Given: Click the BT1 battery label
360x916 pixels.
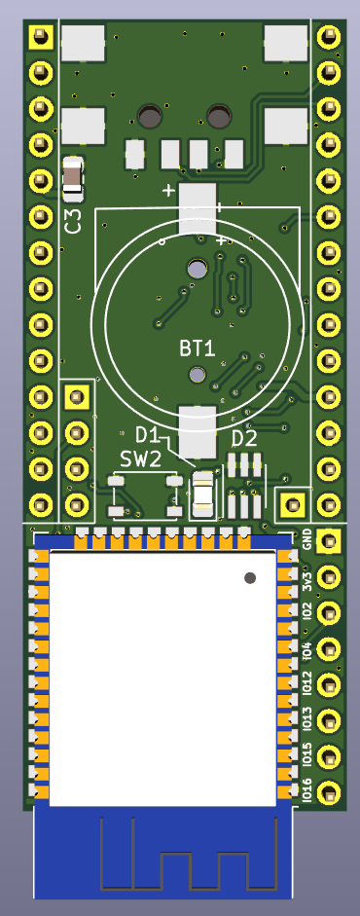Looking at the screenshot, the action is coord(198,349).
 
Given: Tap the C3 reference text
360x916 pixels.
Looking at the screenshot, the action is coord(74,221).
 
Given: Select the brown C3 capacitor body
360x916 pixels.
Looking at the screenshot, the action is coord(73,174).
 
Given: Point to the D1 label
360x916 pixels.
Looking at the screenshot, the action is coord(147,435).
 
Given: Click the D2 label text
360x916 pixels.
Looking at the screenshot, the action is coord(244,439).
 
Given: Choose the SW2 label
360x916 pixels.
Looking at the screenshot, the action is coord(140,459).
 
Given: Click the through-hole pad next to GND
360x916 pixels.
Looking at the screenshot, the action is coord(328,541).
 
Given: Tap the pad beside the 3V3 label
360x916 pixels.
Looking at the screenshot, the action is coord(329,577).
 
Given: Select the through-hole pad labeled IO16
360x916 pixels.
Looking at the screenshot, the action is coord(329,793).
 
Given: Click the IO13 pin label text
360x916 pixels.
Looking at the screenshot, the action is coord(307,720).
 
